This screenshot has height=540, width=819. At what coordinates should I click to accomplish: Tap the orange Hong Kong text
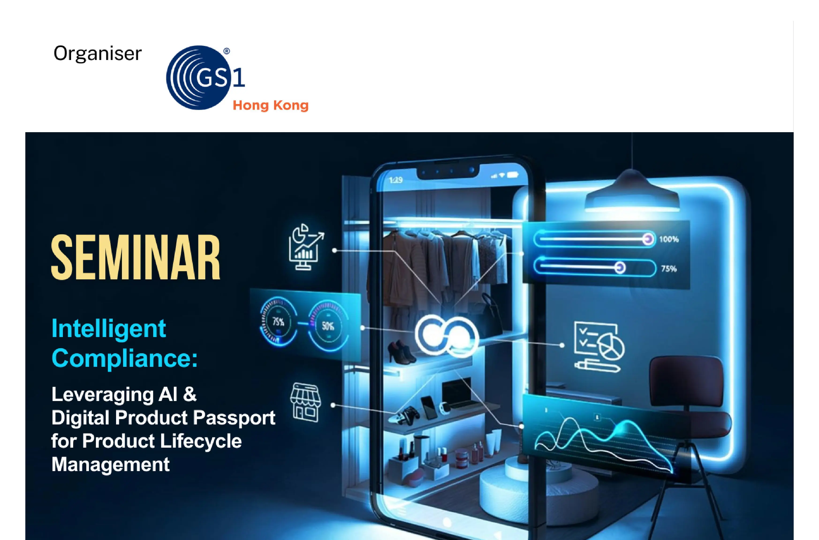tap(270, 105)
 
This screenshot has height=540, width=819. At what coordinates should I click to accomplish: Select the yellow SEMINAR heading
tap(135, 257)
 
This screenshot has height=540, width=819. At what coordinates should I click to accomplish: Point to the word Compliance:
tap(124, 358)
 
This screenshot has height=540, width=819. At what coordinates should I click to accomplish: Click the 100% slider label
tap(668, 239)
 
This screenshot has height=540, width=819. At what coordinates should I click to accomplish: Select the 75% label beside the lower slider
tap(669, 269)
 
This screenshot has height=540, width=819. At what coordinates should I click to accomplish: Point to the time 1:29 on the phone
tap(396, 180)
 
